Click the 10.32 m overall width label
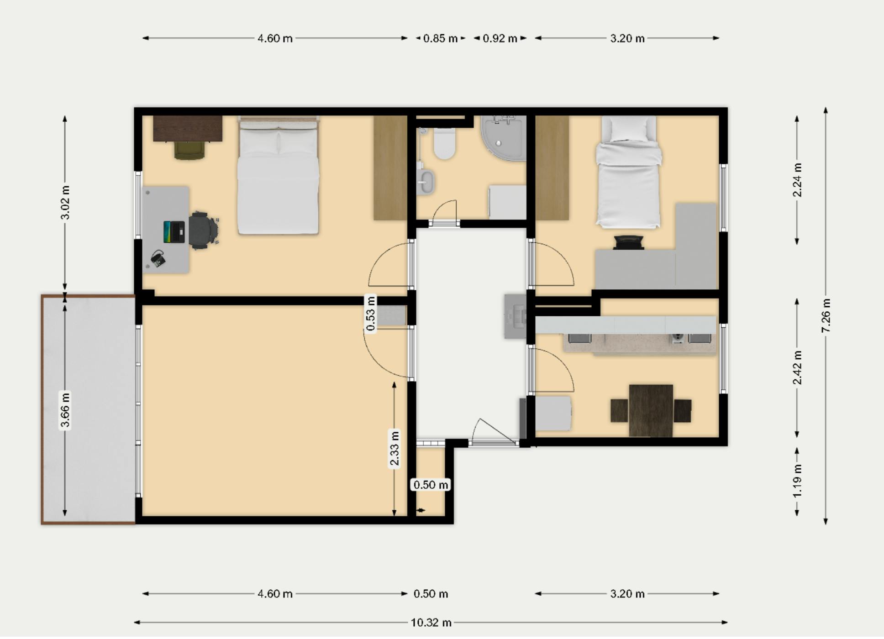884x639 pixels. pos(431,623)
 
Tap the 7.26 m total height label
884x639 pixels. pos(826,316)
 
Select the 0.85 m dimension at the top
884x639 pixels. pos(440,38)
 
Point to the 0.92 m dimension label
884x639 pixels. pos(500,38)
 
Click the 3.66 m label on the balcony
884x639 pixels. pos(65,410)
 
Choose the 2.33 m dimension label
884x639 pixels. pos(395,448)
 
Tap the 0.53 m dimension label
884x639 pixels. pos(371,314)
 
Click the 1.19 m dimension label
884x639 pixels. pos(797,481)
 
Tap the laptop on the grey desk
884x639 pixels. pos(174,232)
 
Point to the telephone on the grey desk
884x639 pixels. pos(158,259)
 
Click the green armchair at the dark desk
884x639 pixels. pos(189,150)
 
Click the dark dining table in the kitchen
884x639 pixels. pos(651,410)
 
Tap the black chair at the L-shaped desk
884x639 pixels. pos(629,242)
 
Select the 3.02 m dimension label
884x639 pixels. pos(65,202)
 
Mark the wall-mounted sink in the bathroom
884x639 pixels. pos(426,182)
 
